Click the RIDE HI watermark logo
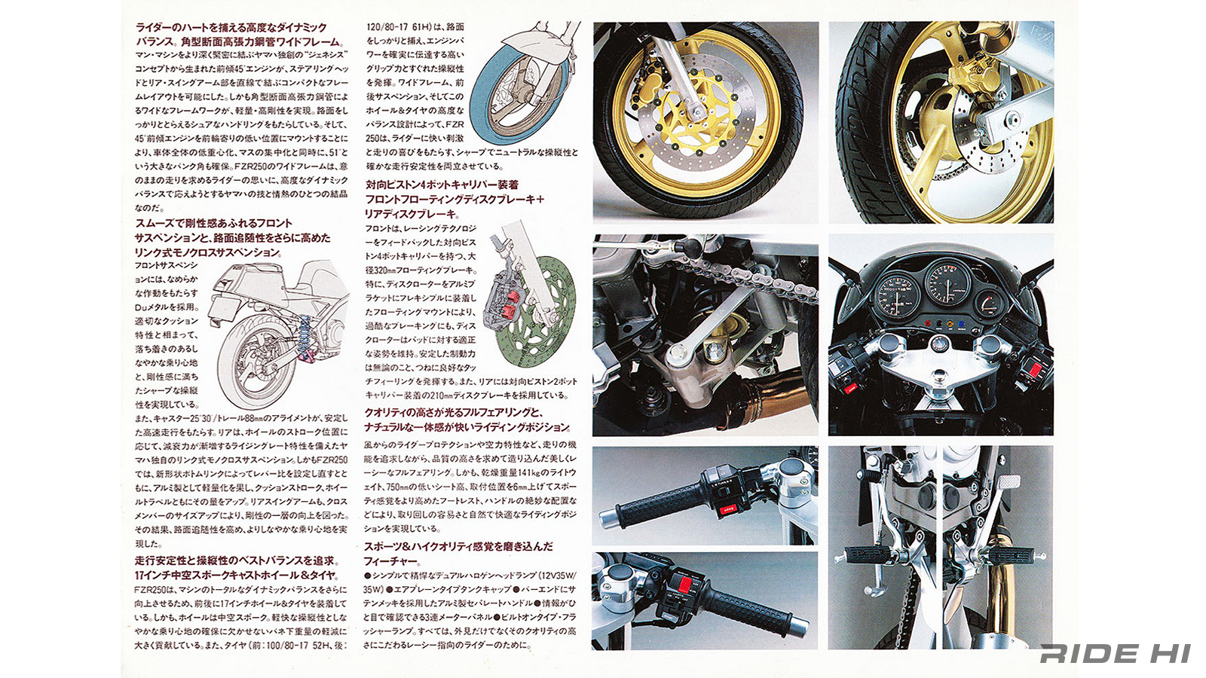click(x=1115, y=654)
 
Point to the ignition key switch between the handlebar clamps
click(x=940, y=346)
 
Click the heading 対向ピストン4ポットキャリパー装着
click(x=442, y=185)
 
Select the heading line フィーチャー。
click(x=392, y=561)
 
